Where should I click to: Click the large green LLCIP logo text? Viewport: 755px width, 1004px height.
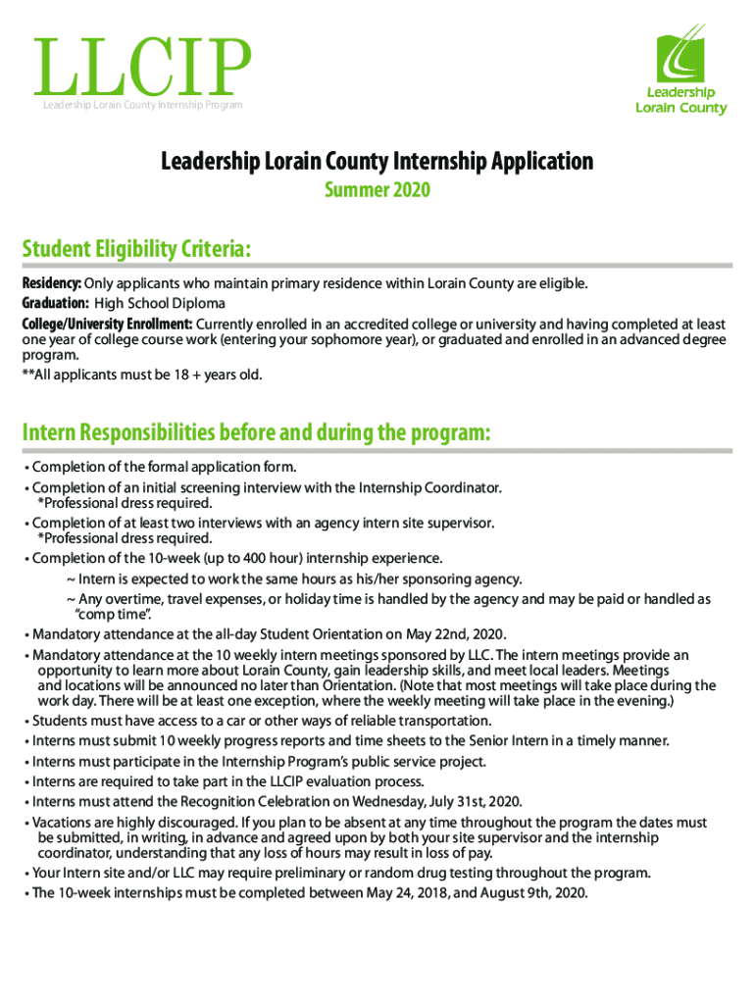click(141, 69)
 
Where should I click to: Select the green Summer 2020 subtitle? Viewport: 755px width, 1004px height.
click(377, 189)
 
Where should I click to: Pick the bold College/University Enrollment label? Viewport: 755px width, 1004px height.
click(108, 324)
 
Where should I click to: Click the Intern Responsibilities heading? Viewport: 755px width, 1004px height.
click(255, 432)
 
